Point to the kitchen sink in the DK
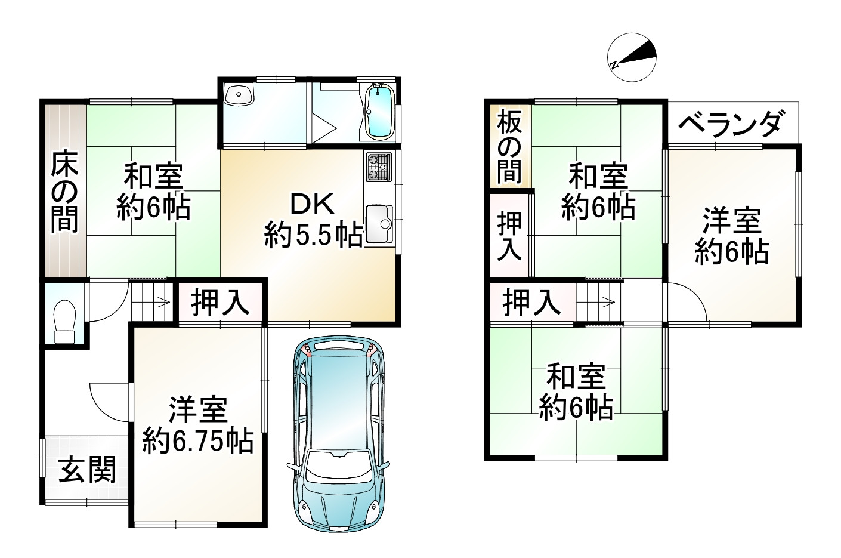tap(379, 224)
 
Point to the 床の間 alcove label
tap(63, 192)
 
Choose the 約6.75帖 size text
tap(197, 442)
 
